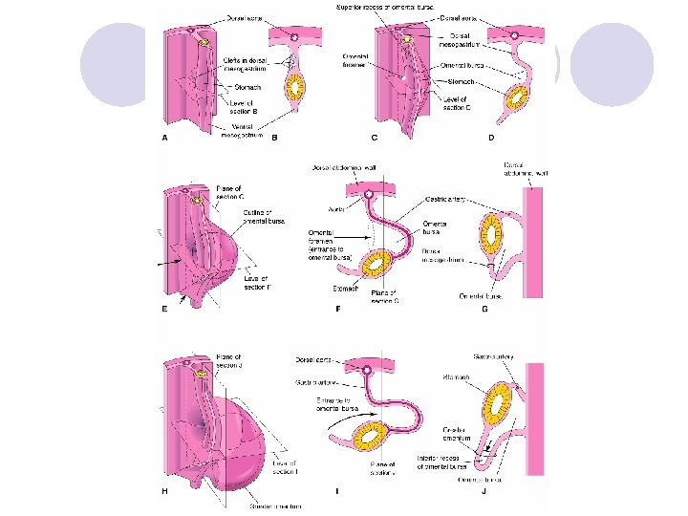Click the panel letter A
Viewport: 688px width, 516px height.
162,139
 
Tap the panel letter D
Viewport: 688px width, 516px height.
491,139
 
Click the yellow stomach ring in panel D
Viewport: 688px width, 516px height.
519,97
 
